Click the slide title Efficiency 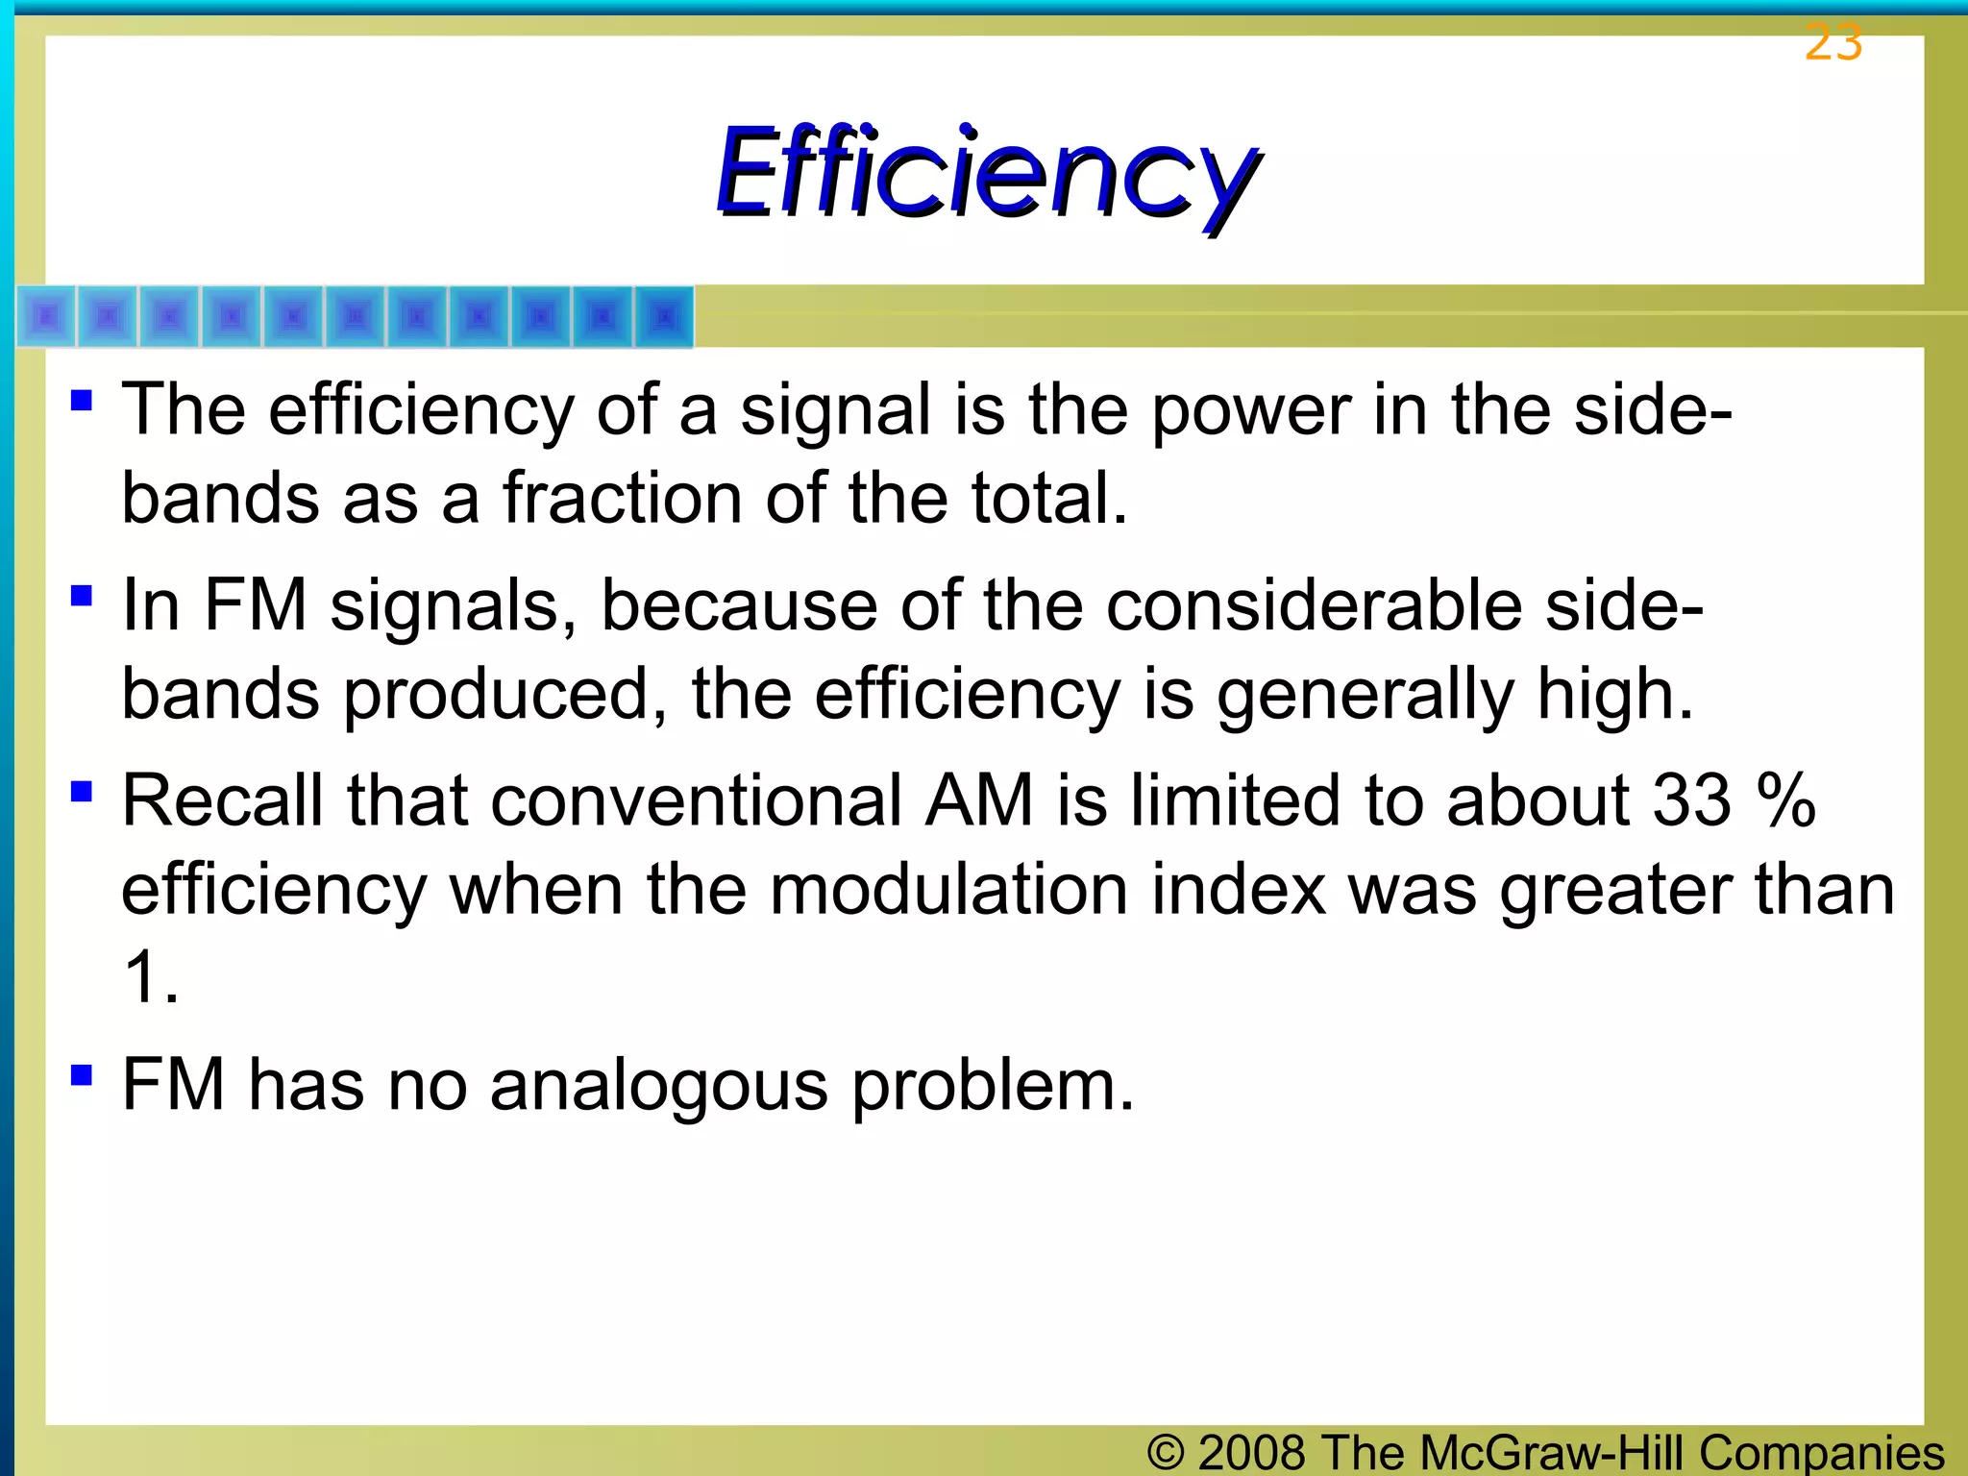[x=988, y=173]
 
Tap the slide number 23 [x=1833, y=42]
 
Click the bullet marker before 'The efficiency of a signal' [x=82, y=399]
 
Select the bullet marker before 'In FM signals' [x=82, y=596]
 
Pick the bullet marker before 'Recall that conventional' [x=82, y=791]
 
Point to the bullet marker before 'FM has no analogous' [x=82, y=1073]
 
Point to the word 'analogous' [x=658, y=1086]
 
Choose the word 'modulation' [x=948, y=889]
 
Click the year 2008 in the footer [x=1251, y=1452]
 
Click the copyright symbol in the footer [x=1166, y=1452]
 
